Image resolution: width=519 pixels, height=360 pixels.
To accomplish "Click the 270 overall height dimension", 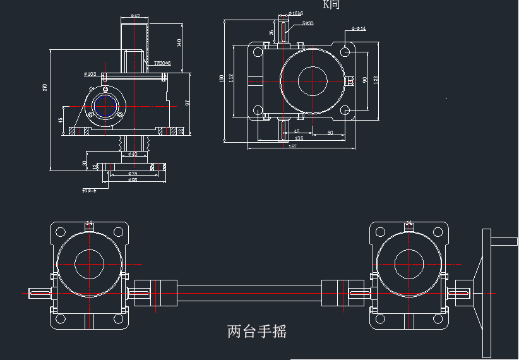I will coord(45,87).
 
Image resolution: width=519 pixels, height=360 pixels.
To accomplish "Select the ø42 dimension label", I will coord(134,16).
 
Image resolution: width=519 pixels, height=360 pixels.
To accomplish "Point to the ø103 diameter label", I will coord(90,74).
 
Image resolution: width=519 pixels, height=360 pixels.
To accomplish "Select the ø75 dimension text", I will coord(133,173).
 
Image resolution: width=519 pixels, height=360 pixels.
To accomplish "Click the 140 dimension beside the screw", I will coord(179,42).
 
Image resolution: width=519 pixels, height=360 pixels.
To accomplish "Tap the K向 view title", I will coord(331,5).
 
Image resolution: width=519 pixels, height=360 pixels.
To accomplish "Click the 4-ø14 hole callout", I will coord(359,29).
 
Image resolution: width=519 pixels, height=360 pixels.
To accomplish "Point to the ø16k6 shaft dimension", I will coord(295,13).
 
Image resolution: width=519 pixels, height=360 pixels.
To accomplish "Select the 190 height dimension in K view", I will coord(222,78).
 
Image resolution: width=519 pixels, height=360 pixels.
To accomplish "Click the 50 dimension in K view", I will coord(330,133).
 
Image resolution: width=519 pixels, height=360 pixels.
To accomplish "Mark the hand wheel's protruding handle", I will coord(504,240).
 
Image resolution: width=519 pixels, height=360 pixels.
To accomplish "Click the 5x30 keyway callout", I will coord(307,23).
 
